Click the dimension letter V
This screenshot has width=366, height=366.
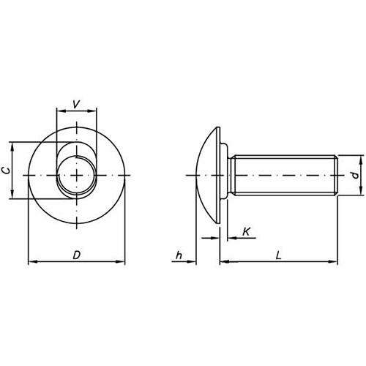pyautogui.click(x=76, y=104)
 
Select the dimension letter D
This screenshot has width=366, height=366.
pyautogui.click(x=77, y=255)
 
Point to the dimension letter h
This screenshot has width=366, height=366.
pyautogui.click(x=179, y=255)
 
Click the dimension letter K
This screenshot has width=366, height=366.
pyautogui.click(x=247, y=231)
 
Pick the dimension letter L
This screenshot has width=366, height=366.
pyautogui.click(x=278, y=255)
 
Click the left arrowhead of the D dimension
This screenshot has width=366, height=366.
pyautogui.click(x=33, y=261)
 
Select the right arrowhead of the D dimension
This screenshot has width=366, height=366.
pyautogui.click(x=120, y=261)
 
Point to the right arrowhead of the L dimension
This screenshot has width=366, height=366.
pyautogui.click(x=333, y=261)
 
